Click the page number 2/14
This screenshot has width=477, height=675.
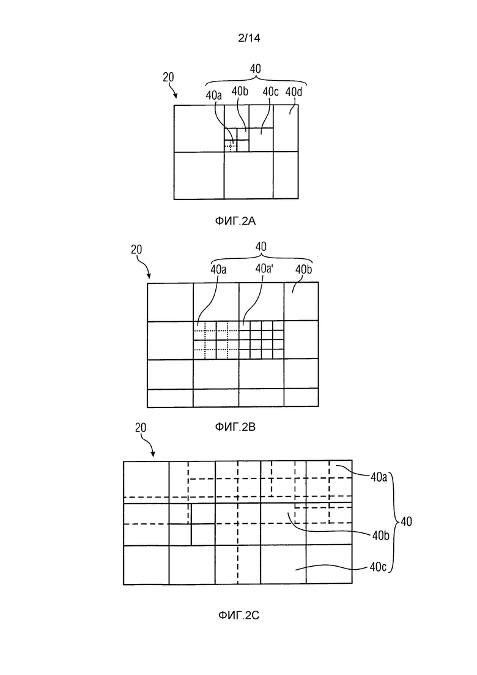(249, 38)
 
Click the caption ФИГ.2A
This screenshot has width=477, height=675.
(235, 222)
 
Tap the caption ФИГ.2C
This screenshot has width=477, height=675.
(239, 615)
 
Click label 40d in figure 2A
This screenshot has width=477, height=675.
(294, 92)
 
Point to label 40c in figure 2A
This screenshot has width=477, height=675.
(270, 92)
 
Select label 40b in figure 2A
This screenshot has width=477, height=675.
(240, 91)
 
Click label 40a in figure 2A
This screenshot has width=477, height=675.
(214, 95)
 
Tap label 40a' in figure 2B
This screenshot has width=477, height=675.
(265, 269)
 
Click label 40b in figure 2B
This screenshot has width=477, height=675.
(304, 269)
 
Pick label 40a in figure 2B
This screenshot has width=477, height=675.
(218, 269)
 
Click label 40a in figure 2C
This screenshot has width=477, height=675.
(379, 477)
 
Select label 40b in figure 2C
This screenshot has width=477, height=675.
(380, 535)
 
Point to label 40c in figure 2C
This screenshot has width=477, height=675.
(378, 567)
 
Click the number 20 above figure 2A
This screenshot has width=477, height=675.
(168, 77)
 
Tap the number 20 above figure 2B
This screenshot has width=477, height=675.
(136, 250)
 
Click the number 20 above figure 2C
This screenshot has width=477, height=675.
(141, 428)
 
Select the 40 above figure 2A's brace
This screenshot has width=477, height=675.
(256, 69)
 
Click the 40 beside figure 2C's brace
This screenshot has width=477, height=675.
(406, 522)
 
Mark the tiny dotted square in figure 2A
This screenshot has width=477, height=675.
(231, 146)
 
